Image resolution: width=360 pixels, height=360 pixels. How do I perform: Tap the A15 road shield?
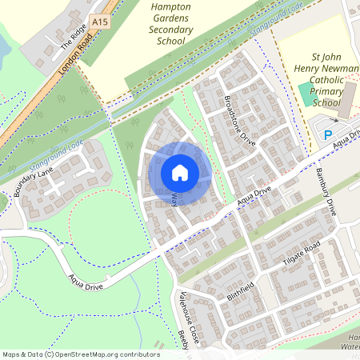pyautogui.click(x=99, y=21)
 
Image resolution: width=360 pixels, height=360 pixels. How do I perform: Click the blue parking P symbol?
pyautogui.click(x=328, y=136)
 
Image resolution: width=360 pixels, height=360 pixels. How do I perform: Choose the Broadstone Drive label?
pyautogui.click(x=238, y=119)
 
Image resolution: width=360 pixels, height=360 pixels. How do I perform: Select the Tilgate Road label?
pyautogui.click(x=301, y=254)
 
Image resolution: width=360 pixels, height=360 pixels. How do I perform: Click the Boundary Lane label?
pyautogui.click(x=33, y=182)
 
